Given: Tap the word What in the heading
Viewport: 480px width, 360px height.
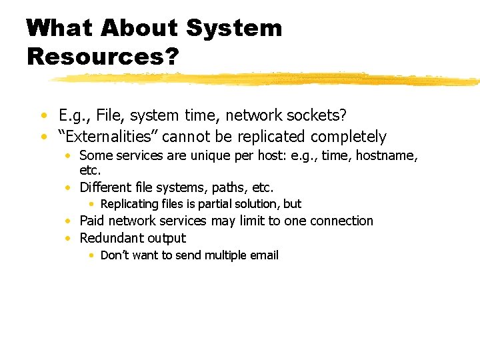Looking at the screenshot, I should pos(59,28).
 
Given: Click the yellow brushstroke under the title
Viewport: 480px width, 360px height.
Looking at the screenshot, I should pos(267,79).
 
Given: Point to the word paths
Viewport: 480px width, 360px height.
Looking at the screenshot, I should pos(223,187).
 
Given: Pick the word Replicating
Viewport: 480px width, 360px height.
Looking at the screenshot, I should pos(129,204).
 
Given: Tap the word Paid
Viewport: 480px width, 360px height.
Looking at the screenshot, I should pos(92,221).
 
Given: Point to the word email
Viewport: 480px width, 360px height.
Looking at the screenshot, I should pos(263,255).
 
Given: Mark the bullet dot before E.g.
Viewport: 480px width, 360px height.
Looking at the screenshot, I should pos(43,116).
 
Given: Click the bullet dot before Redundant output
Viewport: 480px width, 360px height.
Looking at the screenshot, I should pos(69,239).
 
